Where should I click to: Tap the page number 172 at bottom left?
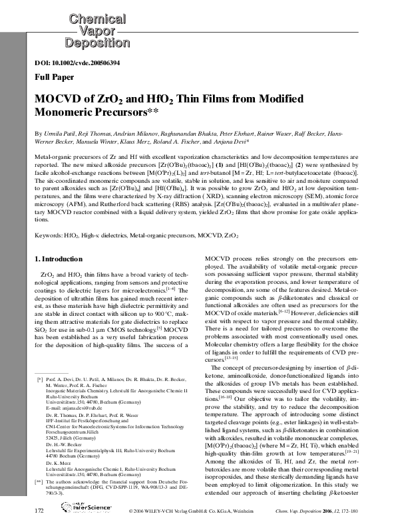pos(39,510)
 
